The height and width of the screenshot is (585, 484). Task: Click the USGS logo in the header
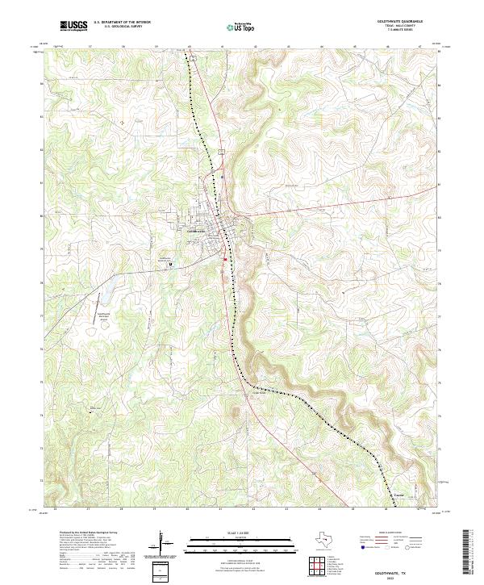click(73, 26)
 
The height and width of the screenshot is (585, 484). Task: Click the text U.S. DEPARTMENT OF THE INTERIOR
click(122, 23)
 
